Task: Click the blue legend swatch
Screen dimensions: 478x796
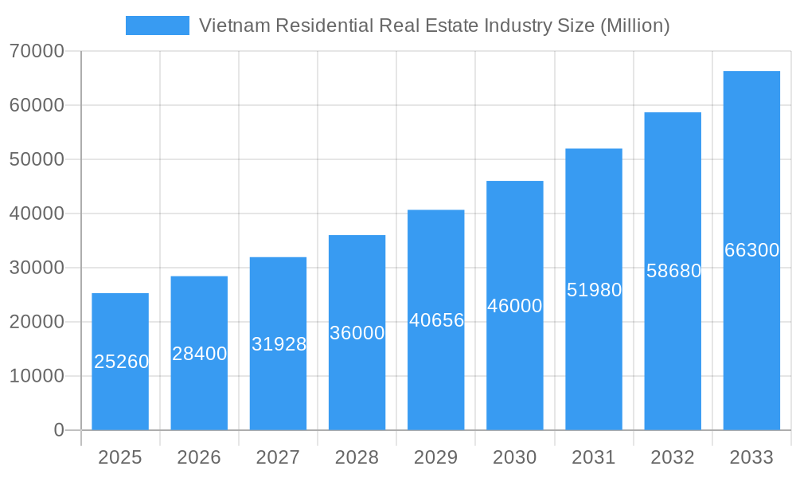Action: click(157, 25)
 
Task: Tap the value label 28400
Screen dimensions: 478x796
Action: click(199, 354)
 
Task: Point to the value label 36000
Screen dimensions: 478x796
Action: click(357, 333)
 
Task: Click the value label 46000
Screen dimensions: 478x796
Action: click(514, 306)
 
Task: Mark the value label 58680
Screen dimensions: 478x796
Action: click(673, 271)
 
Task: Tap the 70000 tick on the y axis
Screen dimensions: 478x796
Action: click(36, 51)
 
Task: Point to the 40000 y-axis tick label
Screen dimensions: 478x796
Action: click(36, 214)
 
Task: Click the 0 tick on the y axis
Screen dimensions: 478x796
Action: click(58, 430)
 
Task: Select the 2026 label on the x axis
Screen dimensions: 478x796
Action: click(199, 457)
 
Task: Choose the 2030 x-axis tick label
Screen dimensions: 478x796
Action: click(514, 457)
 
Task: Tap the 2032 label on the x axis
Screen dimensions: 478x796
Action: click(673, 457)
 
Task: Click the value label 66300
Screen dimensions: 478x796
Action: click(751, 250)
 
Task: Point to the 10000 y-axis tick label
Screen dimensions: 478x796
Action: click(36, 376)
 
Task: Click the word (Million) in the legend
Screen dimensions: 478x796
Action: click(634, 25)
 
